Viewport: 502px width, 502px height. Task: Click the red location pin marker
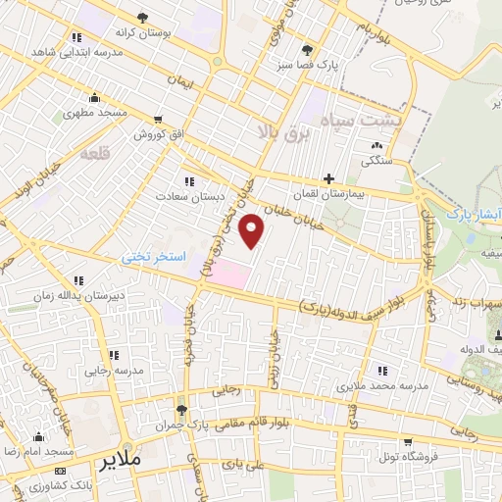(x=253, y=230)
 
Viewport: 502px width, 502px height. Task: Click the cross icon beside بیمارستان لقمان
(x=328, y=179)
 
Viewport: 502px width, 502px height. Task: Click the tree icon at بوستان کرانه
(x=143, y=18)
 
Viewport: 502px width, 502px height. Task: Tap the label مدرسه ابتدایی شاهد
(x=69, y=51)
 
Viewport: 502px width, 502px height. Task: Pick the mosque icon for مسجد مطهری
(x=94, y=97)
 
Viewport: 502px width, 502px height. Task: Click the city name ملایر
(x=123, y=459)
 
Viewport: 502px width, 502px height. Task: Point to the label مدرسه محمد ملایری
(x=383, y=386)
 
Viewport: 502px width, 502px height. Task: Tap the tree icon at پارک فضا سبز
(x=309, y=49)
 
